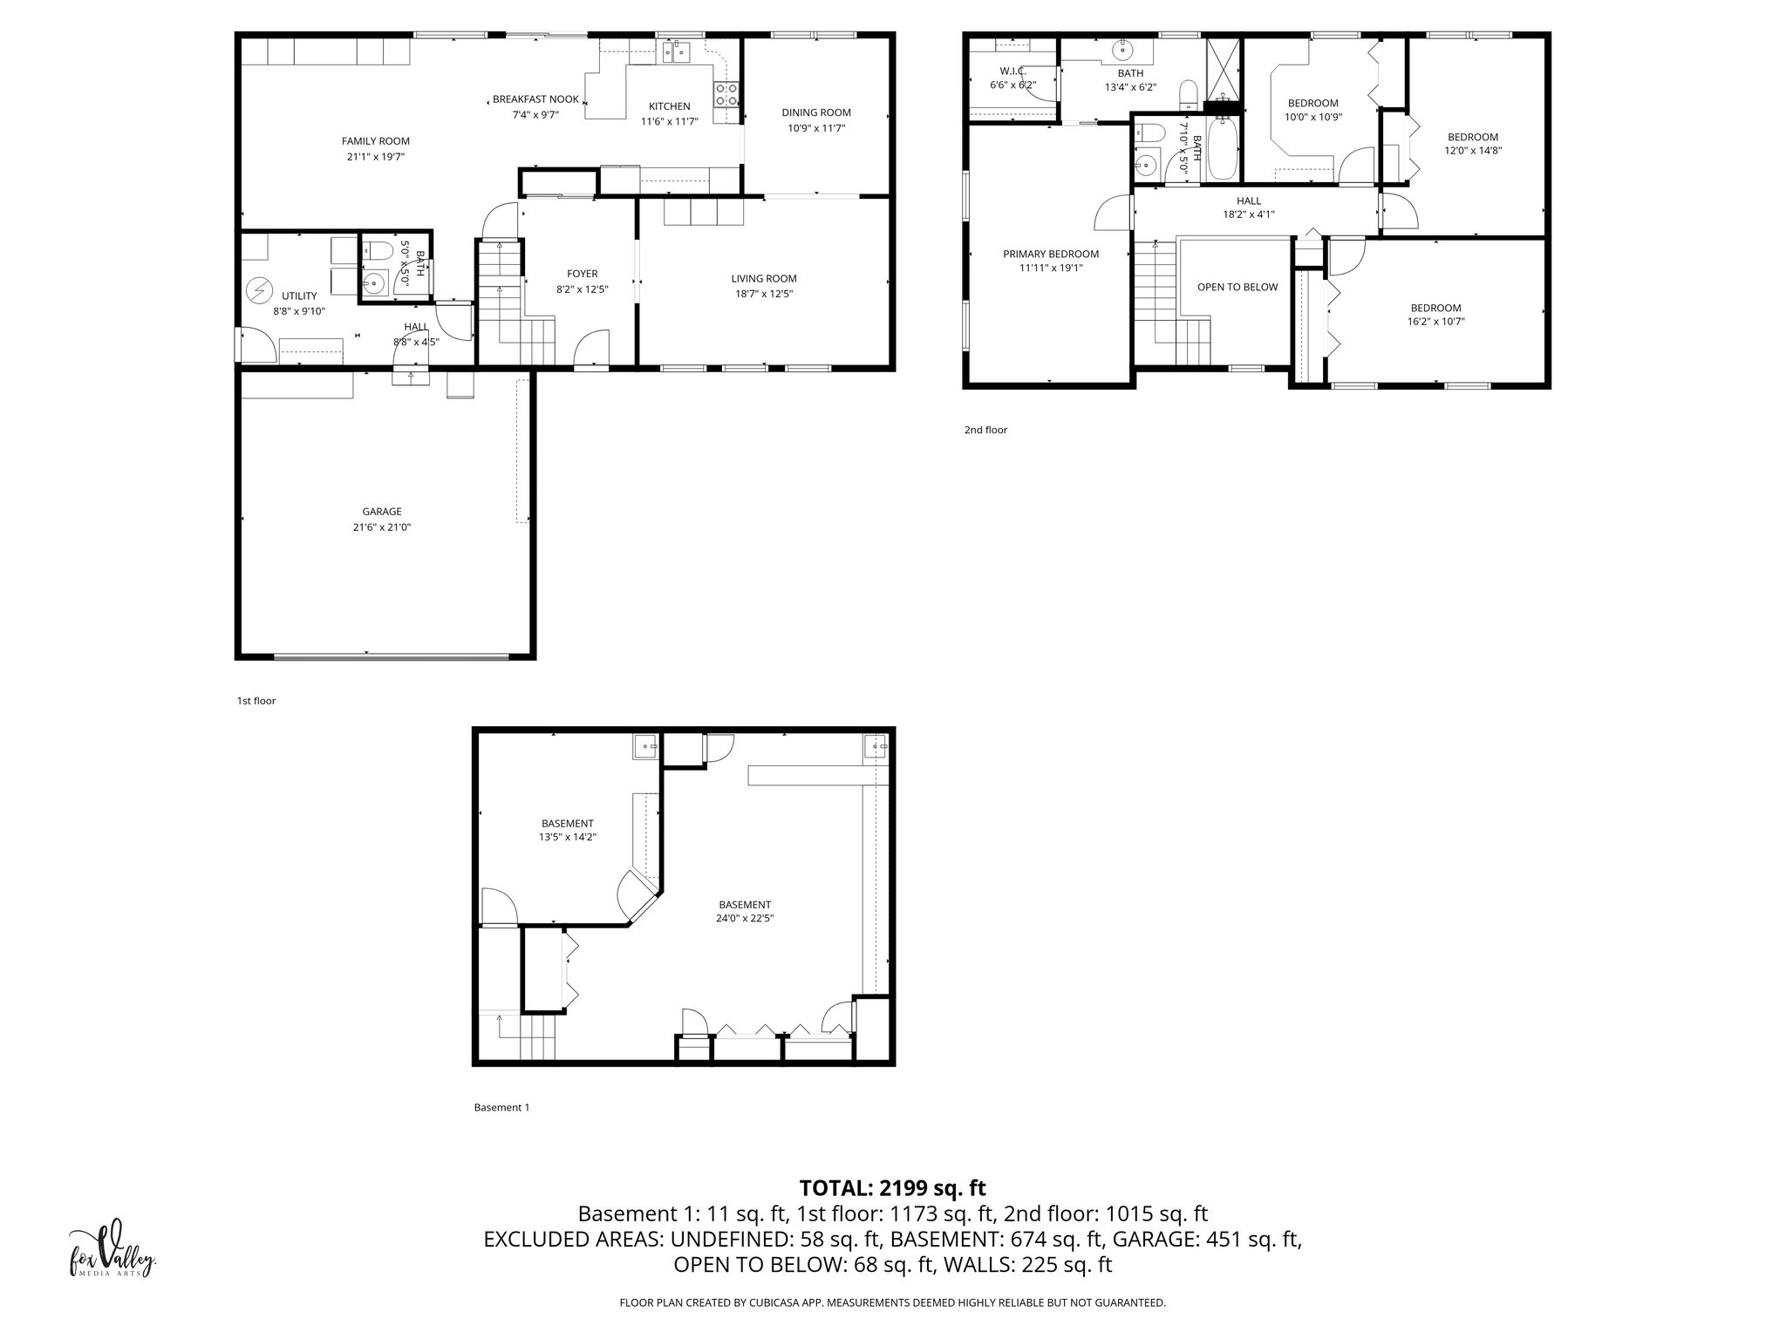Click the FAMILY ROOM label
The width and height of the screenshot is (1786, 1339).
coord(375,141)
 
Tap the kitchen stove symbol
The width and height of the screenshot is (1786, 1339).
coord(726,94)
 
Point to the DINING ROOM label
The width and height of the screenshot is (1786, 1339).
coord(815,112)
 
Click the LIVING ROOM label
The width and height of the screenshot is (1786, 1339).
coord(763,279)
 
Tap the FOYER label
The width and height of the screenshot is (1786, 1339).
coord(582,274)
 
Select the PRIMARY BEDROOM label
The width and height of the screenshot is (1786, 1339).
coord(1050,255)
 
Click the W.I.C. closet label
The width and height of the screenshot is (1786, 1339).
coord(1012,71)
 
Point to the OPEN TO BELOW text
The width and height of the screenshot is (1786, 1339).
coord(1237,287)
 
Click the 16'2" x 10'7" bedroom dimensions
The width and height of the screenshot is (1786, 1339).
coord(1435,322)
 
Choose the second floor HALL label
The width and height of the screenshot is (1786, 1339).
coord(1248,201)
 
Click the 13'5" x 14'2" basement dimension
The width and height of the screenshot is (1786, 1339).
coord(567,837)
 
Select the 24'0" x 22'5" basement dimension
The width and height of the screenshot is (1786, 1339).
coord(745,918)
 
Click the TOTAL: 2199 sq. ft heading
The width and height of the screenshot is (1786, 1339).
coord(892,1187)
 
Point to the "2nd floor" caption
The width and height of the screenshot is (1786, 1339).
coord(985,430)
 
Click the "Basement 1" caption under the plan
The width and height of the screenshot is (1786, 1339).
coord(501,1107)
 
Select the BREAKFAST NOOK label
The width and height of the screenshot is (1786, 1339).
coord(535,99)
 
